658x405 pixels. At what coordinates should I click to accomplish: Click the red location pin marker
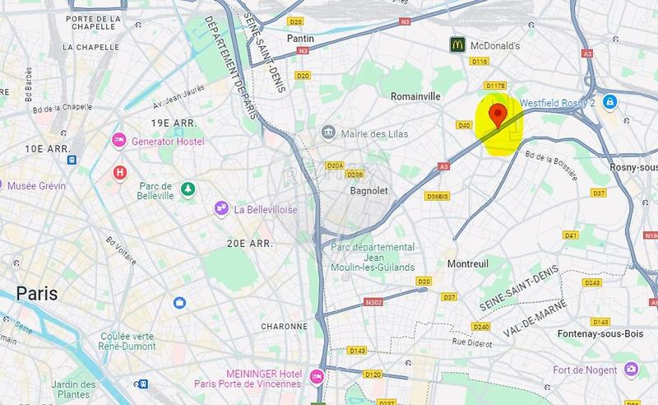496,115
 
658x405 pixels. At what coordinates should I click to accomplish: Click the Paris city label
38,293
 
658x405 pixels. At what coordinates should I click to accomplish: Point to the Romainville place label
415,96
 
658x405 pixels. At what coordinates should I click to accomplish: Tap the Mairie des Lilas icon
328,133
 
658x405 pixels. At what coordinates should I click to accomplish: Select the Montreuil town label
468,263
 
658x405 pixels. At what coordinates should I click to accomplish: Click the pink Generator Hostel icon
119,141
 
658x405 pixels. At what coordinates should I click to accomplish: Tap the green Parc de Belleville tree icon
188,189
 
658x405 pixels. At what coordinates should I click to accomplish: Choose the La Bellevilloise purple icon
220,209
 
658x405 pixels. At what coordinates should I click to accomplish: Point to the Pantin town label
300,39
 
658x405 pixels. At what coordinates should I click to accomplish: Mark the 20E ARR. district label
250,243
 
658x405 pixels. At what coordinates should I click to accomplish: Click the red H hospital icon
120,172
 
